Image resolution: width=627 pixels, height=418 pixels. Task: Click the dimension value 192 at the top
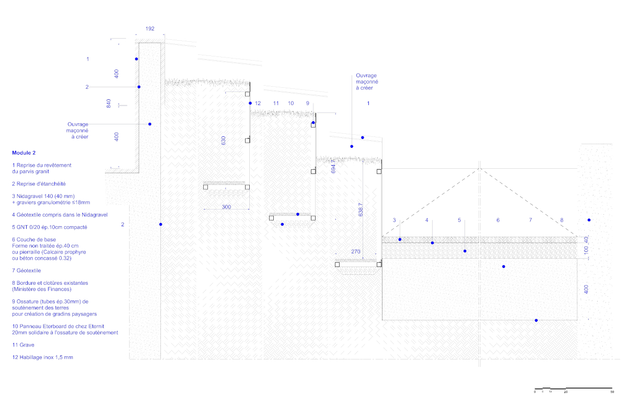(x=150, y=29)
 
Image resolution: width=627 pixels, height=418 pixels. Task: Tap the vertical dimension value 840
(x=109, y=103)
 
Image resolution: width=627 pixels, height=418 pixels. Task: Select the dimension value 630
(x=223, y=141)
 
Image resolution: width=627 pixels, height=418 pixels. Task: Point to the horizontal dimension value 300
(x=226, y=207)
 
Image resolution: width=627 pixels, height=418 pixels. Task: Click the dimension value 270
(x=356, y=252)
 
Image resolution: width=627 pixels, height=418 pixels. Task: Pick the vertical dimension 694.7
(x=333, y=167)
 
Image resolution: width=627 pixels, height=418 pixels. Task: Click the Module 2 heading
(x=24, y=153)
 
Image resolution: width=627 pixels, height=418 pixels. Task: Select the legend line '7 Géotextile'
(x=26, y=271)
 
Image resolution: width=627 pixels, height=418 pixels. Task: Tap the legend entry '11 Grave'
(x=23, y=345)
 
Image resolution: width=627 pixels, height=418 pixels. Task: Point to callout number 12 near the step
(x=258, y=103)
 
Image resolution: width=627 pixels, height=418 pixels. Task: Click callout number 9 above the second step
(x=308, y=103)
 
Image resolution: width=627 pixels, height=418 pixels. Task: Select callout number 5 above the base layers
(x=459, y=220)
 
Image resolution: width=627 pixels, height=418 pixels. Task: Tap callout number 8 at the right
(x=562, y=220)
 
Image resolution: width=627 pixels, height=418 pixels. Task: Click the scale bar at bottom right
(x=573, y=390)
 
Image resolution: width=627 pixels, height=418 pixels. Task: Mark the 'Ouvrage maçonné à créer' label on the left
(x=77, y=130)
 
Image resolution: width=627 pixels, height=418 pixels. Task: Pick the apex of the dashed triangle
(x=480, y=169)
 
